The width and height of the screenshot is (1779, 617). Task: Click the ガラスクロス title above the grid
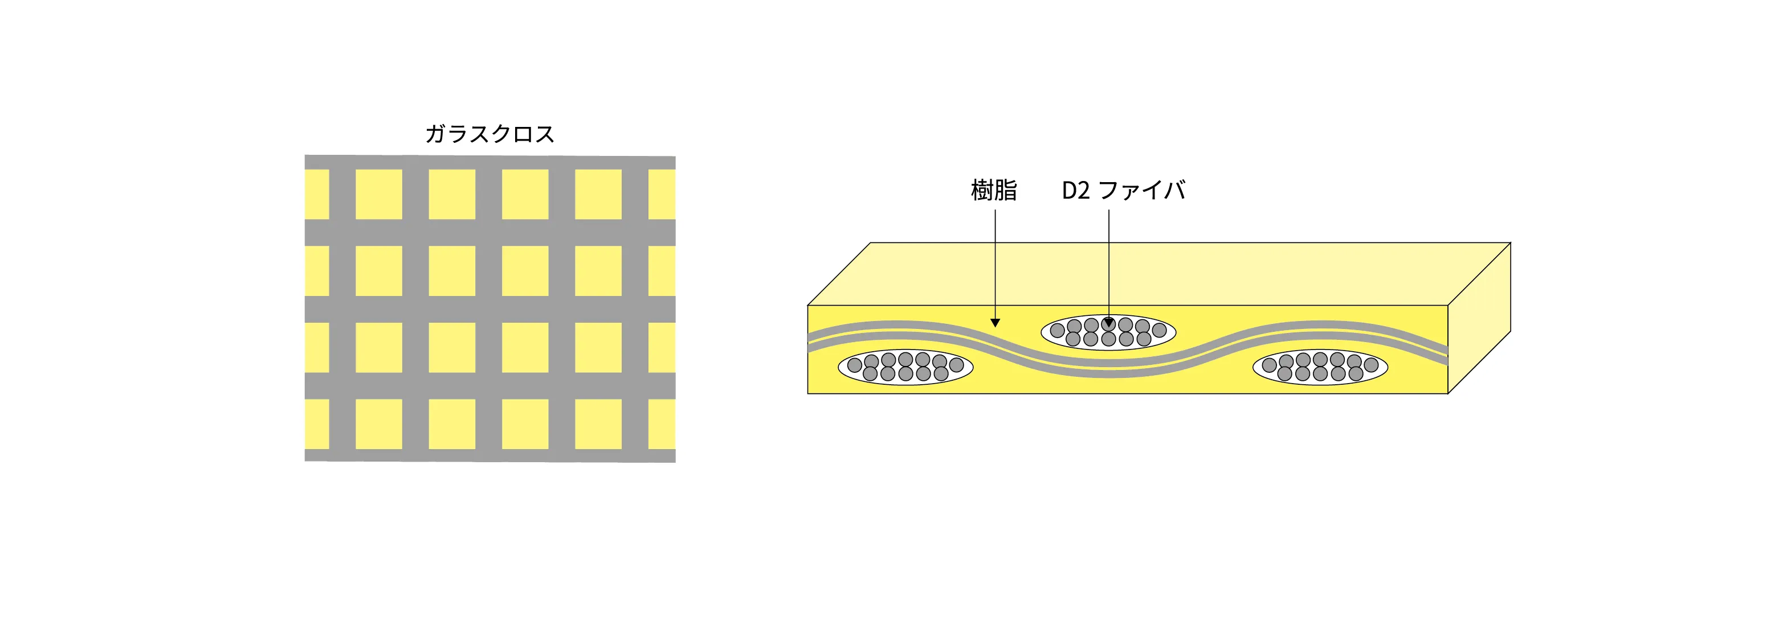coord(489,134)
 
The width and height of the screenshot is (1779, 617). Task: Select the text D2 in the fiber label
coord(1076,191)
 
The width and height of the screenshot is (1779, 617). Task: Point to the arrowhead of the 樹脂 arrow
coord(995,322)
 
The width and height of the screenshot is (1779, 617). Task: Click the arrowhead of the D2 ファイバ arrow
coord(1109,322)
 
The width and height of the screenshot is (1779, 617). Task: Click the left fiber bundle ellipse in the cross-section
coord(905,367)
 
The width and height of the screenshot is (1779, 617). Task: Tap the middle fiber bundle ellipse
coord(1108,332)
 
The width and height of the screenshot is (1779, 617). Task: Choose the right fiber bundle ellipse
coord(1320,367)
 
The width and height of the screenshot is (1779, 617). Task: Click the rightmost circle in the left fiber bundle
coord(957,364)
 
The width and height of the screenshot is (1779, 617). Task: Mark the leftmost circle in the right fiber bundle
coord(1270,365)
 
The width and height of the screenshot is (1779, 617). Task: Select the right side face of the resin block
coord(1479,318)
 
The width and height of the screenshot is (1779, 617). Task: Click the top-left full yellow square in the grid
coord(378,195)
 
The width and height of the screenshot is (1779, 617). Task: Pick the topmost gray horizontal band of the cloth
coord(490,163)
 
